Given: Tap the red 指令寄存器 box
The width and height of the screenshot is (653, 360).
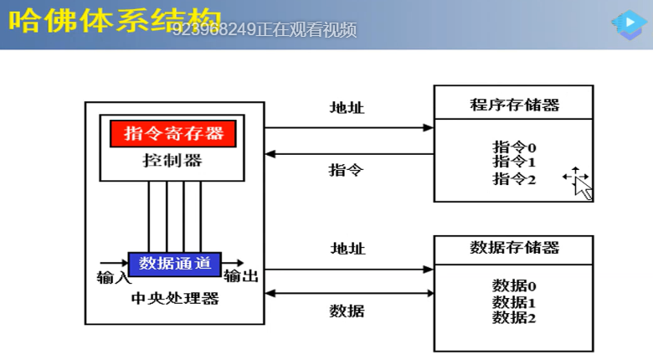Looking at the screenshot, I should (173, 133).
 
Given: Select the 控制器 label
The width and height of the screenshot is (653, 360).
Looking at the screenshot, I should (172, 160).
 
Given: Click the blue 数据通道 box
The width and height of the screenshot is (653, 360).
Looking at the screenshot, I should (174, 263).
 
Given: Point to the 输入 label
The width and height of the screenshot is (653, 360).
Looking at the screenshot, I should (114, 277).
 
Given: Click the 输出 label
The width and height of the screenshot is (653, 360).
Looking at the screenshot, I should (241, 276).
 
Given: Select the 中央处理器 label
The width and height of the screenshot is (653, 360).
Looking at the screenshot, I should (175, 298).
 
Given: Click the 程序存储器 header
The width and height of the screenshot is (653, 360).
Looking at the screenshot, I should (514, 105).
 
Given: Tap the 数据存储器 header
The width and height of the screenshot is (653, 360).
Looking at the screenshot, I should (514, 247).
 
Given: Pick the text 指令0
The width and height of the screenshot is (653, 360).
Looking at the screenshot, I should (514, 147).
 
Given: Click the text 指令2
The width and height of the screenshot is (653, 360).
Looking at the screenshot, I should (514, 178).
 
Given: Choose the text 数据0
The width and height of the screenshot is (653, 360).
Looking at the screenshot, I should (514, 286).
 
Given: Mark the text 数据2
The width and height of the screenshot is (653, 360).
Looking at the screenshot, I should (514, 317).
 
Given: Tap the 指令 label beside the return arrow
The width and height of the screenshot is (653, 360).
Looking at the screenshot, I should (347, 170).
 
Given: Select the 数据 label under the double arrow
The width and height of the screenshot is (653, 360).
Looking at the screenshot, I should (347, 311).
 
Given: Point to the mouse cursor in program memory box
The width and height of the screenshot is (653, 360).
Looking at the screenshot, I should (580, 183).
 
